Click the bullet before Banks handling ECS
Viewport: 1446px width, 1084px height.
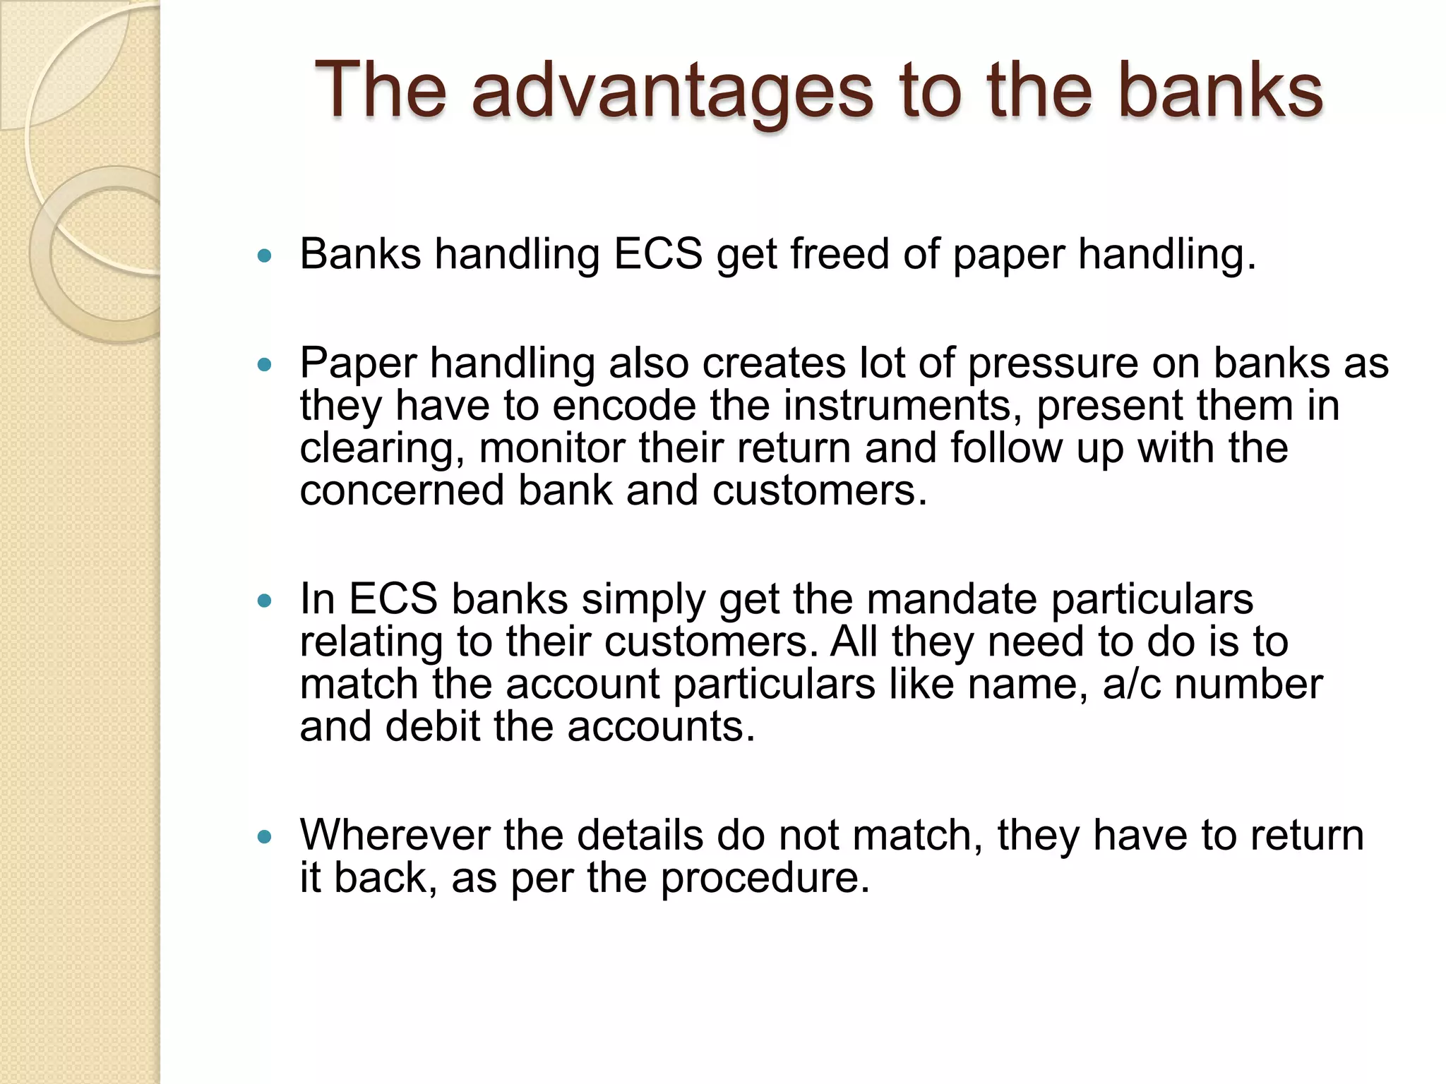(x=265, y=256)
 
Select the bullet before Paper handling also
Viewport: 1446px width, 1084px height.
(x=265, y=365)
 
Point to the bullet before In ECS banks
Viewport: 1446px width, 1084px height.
(x=265, y=601)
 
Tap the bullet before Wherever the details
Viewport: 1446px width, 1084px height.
(x=265, y=837)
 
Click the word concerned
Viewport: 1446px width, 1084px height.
(x=402, y=490)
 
